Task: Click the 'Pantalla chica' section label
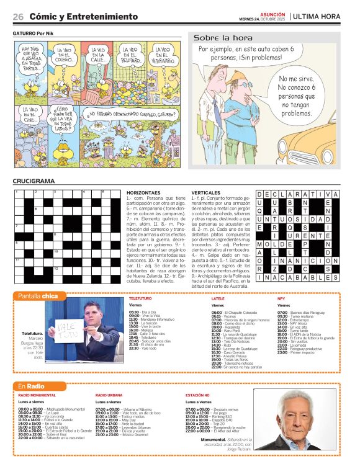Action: coord(38,296)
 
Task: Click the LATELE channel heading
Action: coord(218,298)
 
